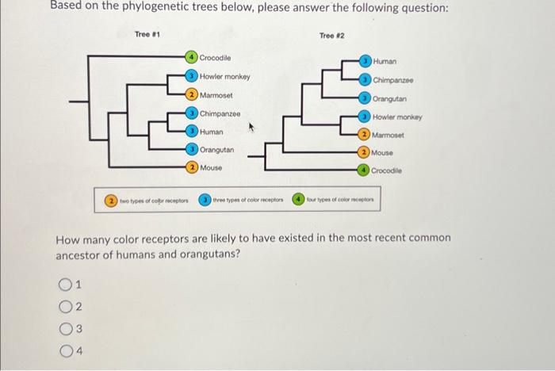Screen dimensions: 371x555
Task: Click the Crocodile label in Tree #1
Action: (x=215, y=58)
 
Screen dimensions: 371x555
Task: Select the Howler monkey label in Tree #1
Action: (x=224, y=77)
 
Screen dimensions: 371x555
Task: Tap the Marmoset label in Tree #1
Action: (x=216, y=95)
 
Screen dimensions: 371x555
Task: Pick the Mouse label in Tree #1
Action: (x=211, y=168)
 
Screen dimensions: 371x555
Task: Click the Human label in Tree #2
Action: (x=385, y=60)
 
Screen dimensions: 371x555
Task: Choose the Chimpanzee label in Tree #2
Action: (x=393, y=80)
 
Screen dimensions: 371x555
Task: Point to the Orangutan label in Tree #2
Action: (x=389, y=99)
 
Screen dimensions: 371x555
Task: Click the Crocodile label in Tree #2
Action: (x=387, y=170)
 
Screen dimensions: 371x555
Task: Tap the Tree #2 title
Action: (x=332, y=36)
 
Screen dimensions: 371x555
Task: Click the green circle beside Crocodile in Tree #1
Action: (x=192, y=58)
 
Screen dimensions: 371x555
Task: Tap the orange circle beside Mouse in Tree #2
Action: (x=364, y=152)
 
